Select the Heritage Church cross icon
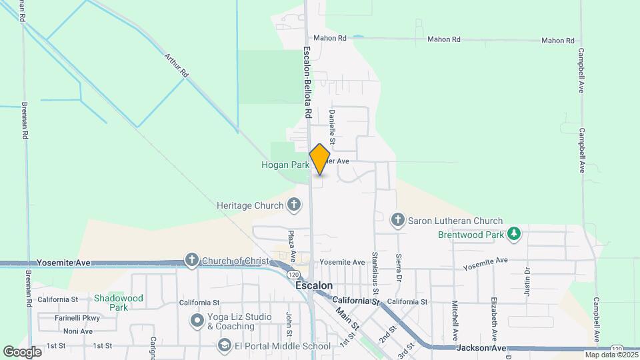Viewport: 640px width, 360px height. tap(294, 205)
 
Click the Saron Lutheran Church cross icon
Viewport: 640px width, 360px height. tap(398, 220)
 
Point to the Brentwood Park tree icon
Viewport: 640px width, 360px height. tap(513, 234)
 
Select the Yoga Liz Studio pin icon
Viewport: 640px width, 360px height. tap(197, 321)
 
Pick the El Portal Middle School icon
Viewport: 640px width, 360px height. tap(224, 345)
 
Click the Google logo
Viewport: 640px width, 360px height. tap(22, 351)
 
